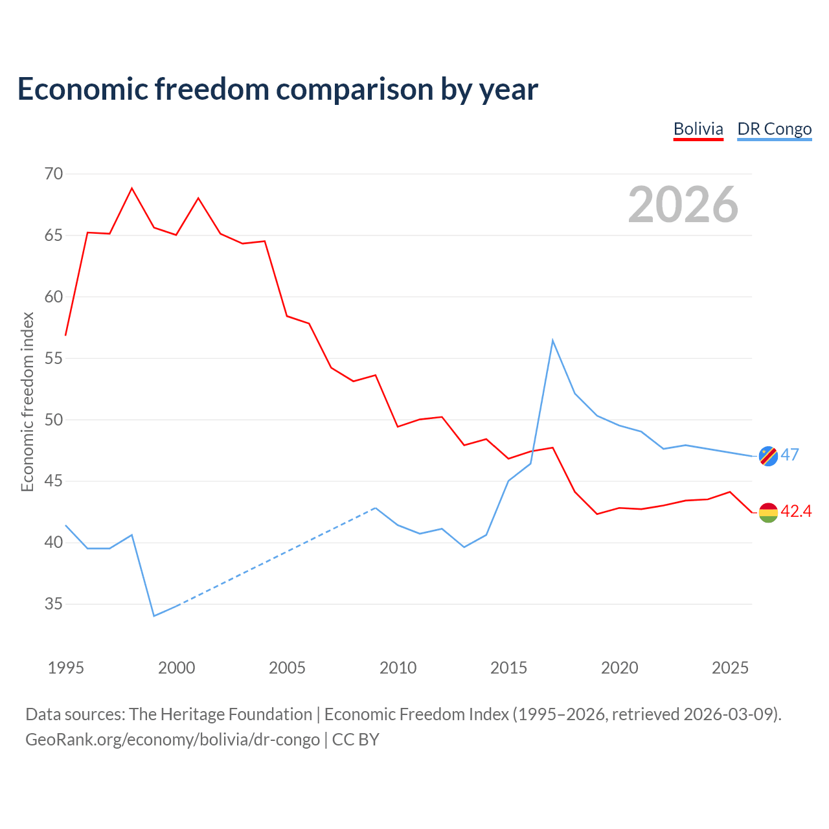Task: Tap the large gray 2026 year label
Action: [x=683, y=205]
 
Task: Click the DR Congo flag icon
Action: [x=768, y=456]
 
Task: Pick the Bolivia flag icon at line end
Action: [x=768, y=513]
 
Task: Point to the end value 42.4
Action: [x=797, y=511]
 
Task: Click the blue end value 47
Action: [x=790, y=455]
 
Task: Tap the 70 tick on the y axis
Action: [x=54, y=174]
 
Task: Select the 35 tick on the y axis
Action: [x=54, y=604]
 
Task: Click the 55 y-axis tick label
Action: [x=54, y=358]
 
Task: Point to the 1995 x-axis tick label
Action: [x=66, y=668]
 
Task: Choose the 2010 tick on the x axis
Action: [x=398, y=668]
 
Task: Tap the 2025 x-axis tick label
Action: [x=730, y=668]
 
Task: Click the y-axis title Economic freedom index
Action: [x=27, y=402]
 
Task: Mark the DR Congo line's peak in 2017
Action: [x=552, y=340]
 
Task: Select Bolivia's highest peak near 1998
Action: [x=131, y=188]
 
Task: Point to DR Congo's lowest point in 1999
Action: [x=154, y=616]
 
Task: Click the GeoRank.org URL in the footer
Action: [x=172, y=740]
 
